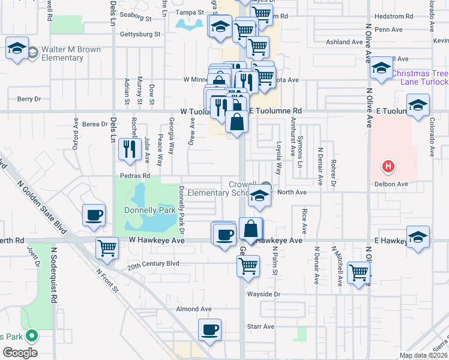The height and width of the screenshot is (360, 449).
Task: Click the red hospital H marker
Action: (388, 166)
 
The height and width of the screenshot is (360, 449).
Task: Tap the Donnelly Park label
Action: (149, 211)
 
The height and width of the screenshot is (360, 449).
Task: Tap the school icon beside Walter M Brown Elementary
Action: (17, 48)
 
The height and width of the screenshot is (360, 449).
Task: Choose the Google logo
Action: (20, 353)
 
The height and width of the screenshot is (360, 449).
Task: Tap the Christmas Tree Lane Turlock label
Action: (420, 77)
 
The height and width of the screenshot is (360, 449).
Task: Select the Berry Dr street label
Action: (29, 99)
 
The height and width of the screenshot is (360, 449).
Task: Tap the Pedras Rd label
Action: (137, 176)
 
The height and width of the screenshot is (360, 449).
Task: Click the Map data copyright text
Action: (424, 356)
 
